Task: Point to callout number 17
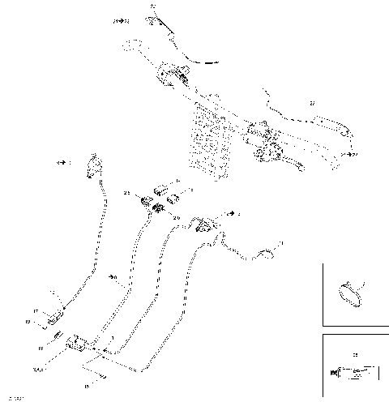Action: (36, 310)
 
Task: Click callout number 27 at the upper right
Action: (311, 105)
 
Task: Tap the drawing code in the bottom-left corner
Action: (14, 396)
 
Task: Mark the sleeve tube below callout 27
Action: (328, 123)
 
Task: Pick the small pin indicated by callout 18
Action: (58, 336)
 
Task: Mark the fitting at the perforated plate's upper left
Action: (172, 75)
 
